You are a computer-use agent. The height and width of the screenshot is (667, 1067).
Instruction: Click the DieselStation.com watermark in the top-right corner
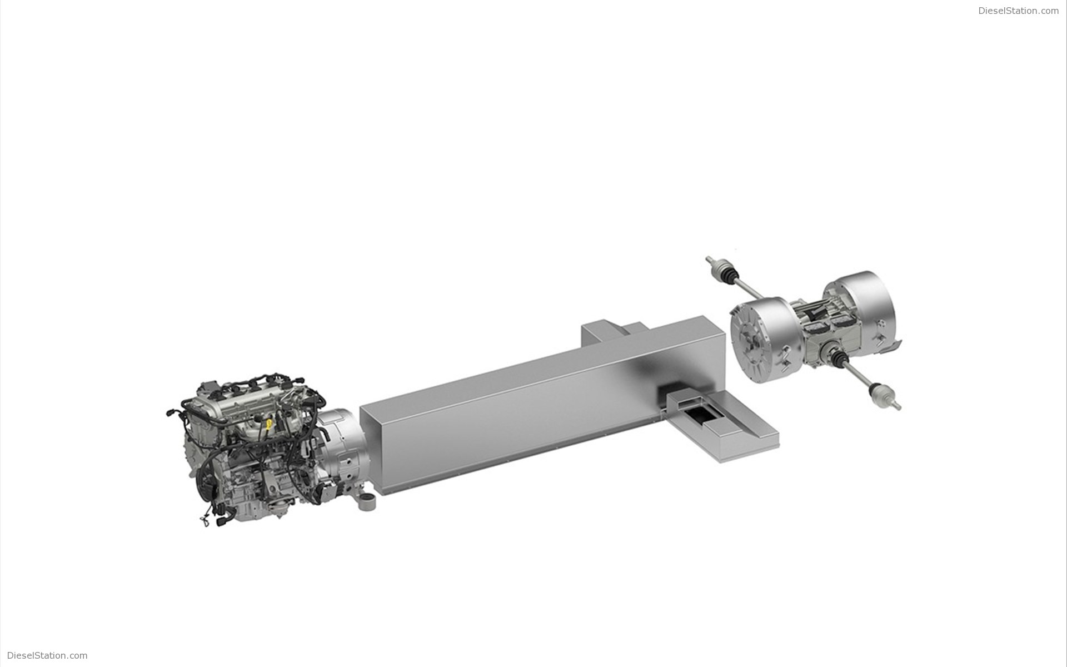pyautogui.click(x=1019, y=11)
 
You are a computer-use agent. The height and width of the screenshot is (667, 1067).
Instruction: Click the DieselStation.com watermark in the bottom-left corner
pyautogui.click(x=47, y=655)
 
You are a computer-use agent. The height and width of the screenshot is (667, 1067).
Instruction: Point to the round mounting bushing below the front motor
pyautogui.click(x=366, y=503)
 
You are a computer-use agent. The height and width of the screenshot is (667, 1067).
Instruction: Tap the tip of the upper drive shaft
pyautogui.click(x=707, y=258)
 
